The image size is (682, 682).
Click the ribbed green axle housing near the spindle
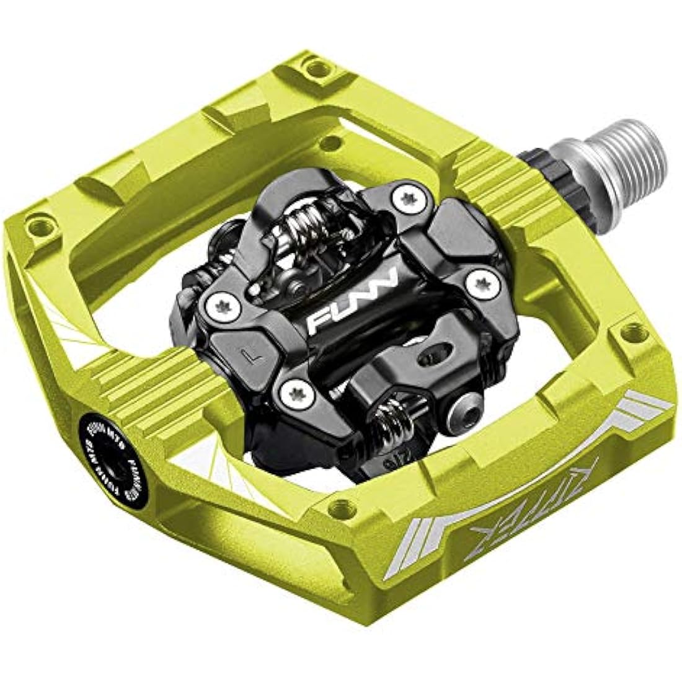pyautogui.click(x=496, y=186)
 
